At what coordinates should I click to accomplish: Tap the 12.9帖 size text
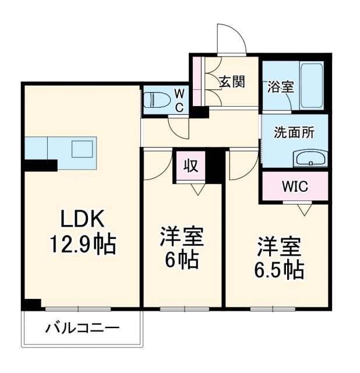tap(83, 244)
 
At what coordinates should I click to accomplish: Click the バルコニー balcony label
tap(83, 328)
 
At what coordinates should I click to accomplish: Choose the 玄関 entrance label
tap(232, 82)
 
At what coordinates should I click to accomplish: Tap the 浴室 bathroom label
tap(280, 87)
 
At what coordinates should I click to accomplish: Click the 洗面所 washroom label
tap(294, 132)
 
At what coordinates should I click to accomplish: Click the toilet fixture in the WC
tap(156, 101)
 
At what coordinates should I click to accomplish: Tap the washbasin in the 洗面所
tap(311, 159)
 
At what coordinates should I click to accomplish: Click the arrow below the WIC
tap(303, 209)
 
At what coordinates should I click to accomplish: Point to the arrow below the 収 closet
tap(197, 189)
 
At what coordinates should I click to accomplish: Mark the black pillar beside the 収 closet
tap(216, 166)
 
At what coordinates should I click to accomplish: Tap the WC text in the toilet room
tap(179, 100)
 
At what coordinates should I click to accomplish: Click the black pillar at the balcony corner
tap(31, 304)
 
